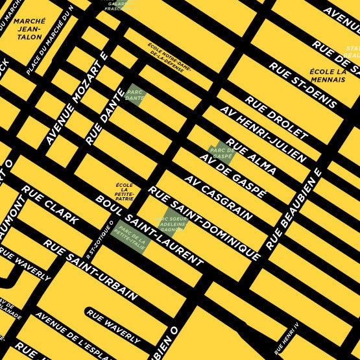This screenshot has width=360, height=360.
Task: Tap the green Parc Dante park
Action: tap(136, 95)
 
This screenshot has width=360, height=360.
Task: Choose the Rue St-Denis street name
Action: tap(302, 85)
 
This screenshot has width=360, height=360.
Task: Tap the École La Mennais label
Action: tap(327, 77)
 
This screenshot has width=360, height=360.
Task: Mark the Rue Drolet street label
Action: tap(276, 118)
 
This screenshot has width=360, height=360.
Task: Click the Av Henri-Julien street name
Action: tap(263, 134)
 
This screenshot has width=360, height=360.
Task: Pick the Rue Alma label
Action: tap(251, 157)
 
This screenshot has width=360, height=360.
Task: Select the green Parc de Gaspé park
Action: tap(222, 152)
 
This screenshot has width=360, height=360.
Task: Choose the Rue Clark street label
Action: tap(50, 205)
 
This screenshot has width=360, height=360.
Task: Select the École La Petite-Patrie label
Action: tap(124, 191)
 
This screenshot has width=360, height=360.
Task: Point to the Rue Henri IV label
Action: tap(286, 338)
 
